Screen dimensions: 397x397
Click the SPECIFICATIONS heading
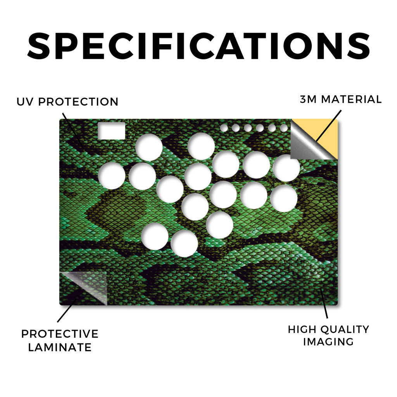tap(198, 46)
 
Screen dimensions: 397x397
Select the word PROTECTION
tap(78, 102)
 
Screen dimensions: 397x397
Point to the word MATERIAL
tap(351, 99)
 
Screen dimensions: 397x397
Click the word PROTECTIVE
tap(60, 334)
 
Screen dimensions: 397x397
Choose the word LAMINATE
tap(60, 347)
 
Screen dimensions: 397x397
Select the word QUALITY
tap(345, 330)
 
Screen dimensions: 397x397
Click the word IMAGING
tap(328, 342)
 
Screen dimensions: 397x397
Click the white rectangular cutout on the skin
tap(111, 131)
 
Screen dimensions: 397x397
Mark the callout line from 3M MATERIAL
tap(329, 126)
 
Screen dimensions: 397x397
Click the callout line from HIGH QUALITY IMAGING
tap(324, 303)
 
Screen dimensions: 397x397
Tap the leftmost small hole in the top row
tap(224, 128)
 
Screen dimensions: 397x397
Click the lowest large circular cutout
tap(184, 243)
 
